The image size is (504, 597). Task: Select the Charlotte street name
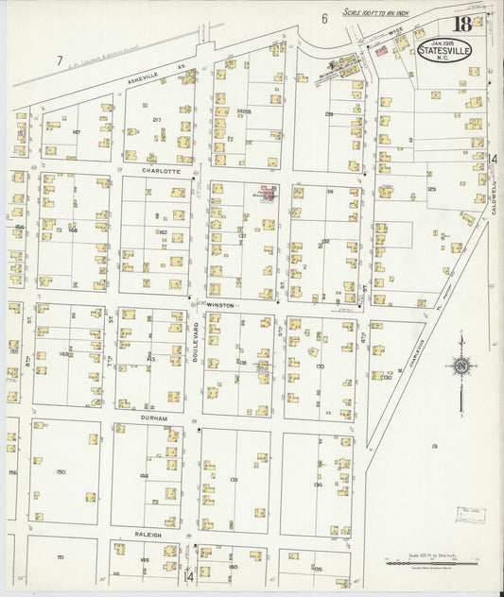(152, 172)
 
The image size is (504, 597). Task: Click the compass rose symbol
(461, 367)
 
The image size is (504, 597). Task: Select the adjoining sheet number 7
(59, 61)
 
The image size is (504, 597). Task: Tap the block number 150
(61, 470)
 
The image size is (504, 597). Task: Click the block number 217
(157, 119)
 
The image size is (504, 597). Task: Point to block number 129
(431, 190)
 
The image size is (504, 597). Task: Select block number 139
(233, 478)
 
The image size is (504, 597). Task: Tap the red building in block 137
(269, 196)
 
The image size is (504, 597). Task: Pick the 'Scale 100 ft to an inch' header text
(383, 11)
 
